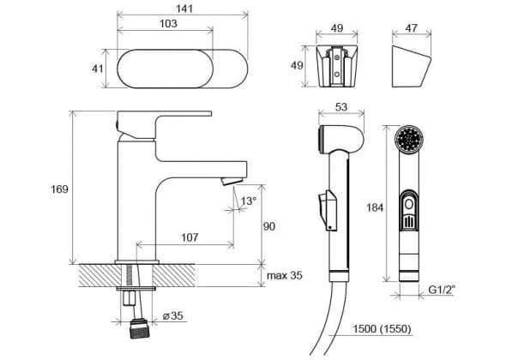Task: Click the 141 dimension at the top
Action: coord(184,8)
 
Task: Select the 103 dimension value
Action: coord(168,23)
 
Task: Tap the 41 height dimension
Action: coord(98,69)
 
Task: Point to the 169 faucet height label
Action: coord(60,189)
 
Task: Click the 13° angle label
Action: coord(249,201)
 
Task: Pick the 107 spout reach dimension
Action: coord(190,237)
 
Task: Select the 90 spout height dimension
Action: coord(269,226)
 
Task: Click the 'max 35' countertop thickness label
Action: coord(285,275)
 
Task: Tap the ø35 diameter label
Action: coord(173,315)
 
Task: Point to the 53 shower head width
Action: coord(341,107)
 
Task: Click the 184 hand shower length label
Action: coord(375,207)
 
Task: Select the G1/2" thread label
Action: coord(442,290)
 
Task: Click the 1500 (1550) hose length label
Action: coord(382,328)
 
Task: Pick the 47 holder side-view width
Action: coord(411,28)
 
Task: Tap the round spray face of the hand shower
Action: coord(409,139)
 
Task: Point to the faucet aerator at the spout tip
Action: coord(232,181)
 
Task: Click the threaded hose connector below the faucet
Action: coord(139,328)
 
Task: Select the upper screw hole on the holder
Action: coord(337,58)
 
